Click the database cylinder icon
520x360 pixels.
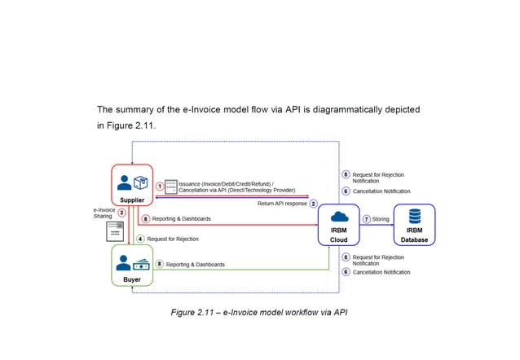tap(414, 216)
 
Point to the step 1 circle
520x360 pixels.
tap(160, 186)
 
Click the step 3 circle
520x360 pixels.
tap(121, 213)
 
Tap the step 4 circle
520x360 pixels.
tap(140, 239)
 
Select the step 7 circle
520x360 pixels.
tap(367, 219)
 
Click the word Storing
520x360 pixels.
tap(381, 219)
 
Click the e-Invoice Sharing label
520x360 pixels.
tap(104, 213)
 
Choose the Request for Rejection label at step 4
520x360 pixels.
tap(173, 239)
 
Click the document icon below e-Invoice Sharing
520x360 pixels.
tap(113, 232)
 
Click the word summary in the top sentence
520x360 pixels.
tap(139, 108)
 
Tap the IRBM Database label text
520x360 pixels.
tap(414, 235)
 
